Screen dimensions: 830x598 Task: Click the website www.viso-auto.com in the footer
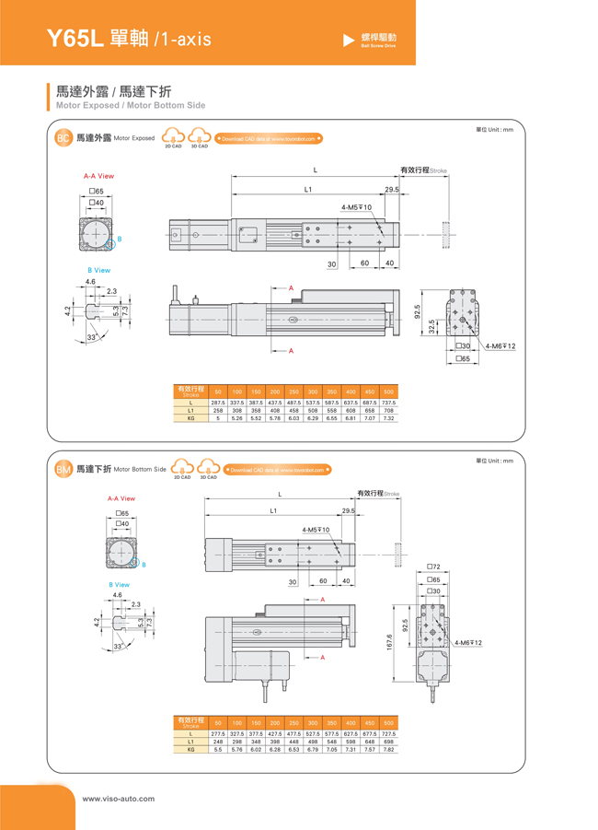119,799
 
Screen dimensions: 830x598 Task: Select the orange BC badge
63,138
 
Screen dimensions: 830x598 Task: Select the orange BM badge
63,469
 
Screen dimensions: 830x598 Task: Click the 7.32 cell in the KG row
388,418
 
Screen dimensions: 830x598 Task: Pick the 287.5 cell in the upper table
218,403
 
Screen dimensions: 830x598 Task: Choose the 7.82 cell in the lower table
388,749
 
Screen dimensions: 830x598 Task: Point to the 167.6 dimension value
390,641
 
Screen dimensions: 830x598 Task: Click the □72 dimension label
433,567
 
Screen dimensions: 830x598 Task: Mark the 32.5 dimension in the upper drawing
432,327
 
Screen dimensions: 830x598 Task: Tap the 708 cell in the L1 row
388,411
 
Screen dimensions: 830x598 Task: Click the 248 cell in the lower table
218,742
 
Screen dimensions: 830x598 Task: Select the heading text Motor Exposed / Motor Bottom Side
131,106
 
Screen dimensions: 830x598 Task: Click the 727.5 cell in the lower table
388,733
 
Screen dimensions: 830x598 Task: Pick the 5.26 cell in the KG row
237,418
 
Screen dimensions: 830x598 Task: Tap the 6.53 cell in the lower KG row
293,749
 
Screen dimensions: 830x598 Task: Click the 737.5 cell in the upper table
388,403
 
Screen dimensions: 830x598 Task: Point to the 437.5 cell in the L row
275,403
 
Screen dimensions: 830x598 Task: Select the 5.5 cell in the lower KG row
218,749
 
